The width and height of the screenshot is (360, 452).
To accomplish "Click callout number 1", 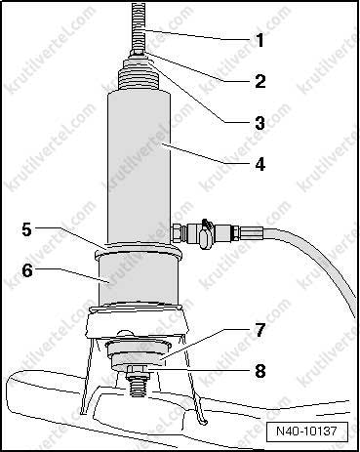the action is [260, 40].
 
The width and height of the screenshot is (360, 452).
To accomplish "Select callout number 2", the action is [260, 81].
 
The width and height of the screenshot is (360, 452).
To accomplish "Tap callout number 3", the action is [260, 123].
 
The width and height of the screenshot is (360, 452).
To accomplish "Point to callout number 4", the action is [260, 164].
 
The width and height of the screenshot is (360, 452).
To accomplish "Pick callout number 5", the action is [26, 229].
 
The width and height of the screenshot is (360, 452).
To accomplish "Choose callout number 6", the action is [27, 270].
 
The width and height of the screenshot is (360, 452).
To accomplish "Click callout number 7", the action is [260, 330].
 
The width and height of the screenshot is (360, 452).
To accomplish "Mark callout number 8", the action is [260, 371].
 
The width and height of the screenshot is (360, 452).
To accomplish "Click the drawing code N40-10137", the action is [306, 431].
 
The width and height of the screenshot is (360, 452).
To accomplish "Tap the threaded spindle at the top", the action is [139, 26].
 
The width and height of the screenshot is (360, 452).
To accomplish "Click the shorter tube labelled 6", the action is [139, 280].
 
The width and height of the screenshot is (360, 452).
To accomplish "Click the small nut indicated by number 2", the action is [138, 53].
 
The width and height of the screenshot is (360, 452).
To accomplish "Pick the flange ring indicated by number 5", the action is [138, 250].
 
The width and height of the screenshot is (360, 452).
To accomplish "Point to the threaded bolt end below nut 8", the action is [138, 387].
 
